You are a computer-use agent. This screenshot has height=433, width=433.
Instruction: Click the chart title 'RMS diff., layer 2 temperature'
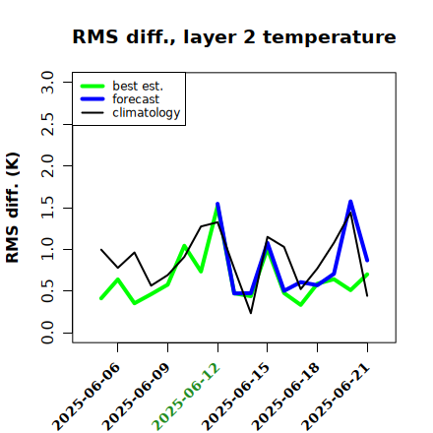click(x=234, y=37)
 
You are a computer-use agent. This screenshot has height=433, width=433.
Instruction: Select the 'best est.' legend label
click(x=138, y=86)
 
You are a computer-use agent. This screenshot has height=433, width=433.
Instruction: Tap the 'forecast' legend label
click(x=136, y=99)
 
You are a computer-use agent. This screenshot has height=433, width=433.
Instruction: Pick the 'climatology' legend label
click(x=147, y=113)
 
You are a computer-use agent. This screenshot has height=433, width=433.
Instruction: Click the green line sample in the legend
click(x=93, y=86)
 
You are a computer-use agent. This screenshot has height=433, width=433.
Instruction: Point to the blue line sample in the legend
click(x=93, y=99)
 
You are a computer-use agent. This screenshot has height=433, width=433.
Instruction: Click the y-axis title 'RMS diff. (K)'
click(x=13, y=208)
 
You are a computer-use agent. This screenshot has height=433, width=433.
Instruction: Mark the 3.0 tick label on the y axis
click(x=47, y=82)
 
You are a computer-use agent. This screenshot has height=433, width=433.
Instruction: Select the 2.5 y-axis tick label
click(x=47, y=124)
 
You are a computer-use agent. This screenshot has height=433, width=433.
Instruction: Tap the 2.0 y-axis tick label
click(x=47, y=165)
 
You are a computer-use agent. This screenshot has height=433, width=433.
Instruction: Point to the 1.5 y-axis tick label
click(x=47, y=208)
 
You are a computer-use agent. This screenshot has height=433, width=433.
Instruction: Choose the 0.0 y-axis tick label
click(x=47, y=333)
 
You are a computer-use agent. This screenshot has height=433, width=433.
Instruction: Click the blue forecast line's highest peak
click(x=350, y=201)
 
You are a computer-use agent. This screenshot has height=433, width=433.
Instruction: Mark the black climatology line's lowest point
click(x=251, y=313)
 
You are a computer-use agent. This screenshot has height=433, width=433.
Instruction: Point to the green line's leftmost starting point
click(x=101, y=298)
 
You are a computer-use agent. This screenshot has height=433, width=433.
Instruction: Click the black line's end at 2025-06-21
click(x=367, y=296)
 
